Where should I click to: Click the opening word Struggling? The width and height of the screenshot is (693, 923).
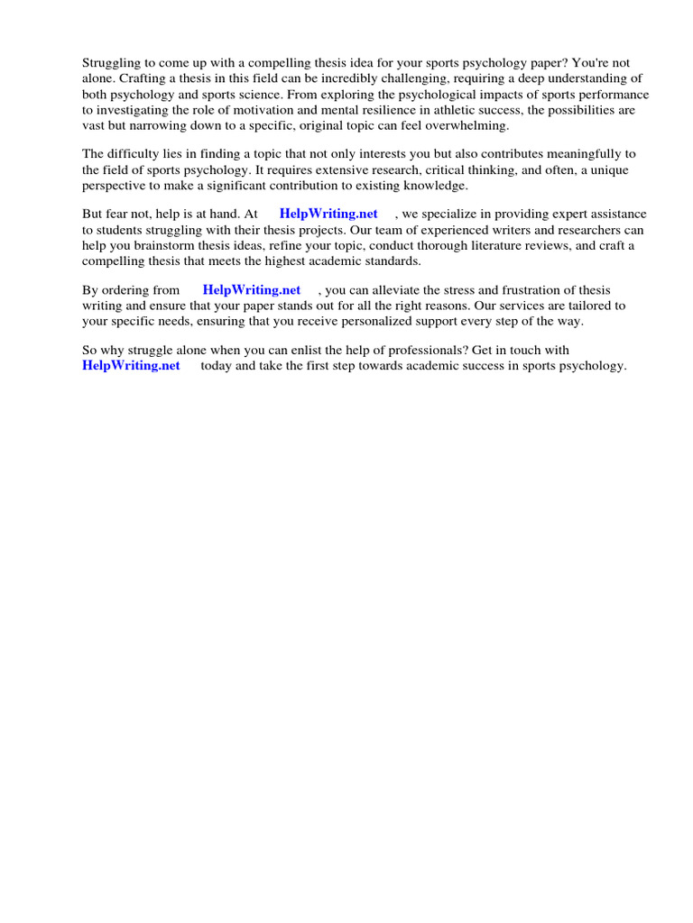[112, 63]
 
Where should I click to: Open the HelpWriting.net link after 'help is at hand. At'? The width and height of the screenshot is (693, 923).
[328, 215]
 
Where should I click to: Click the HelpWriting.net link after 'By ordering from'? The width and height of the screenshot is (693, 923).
[252, 290]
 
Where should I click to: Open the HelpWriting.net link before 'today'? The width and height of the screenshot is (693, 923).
[131, 365]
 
